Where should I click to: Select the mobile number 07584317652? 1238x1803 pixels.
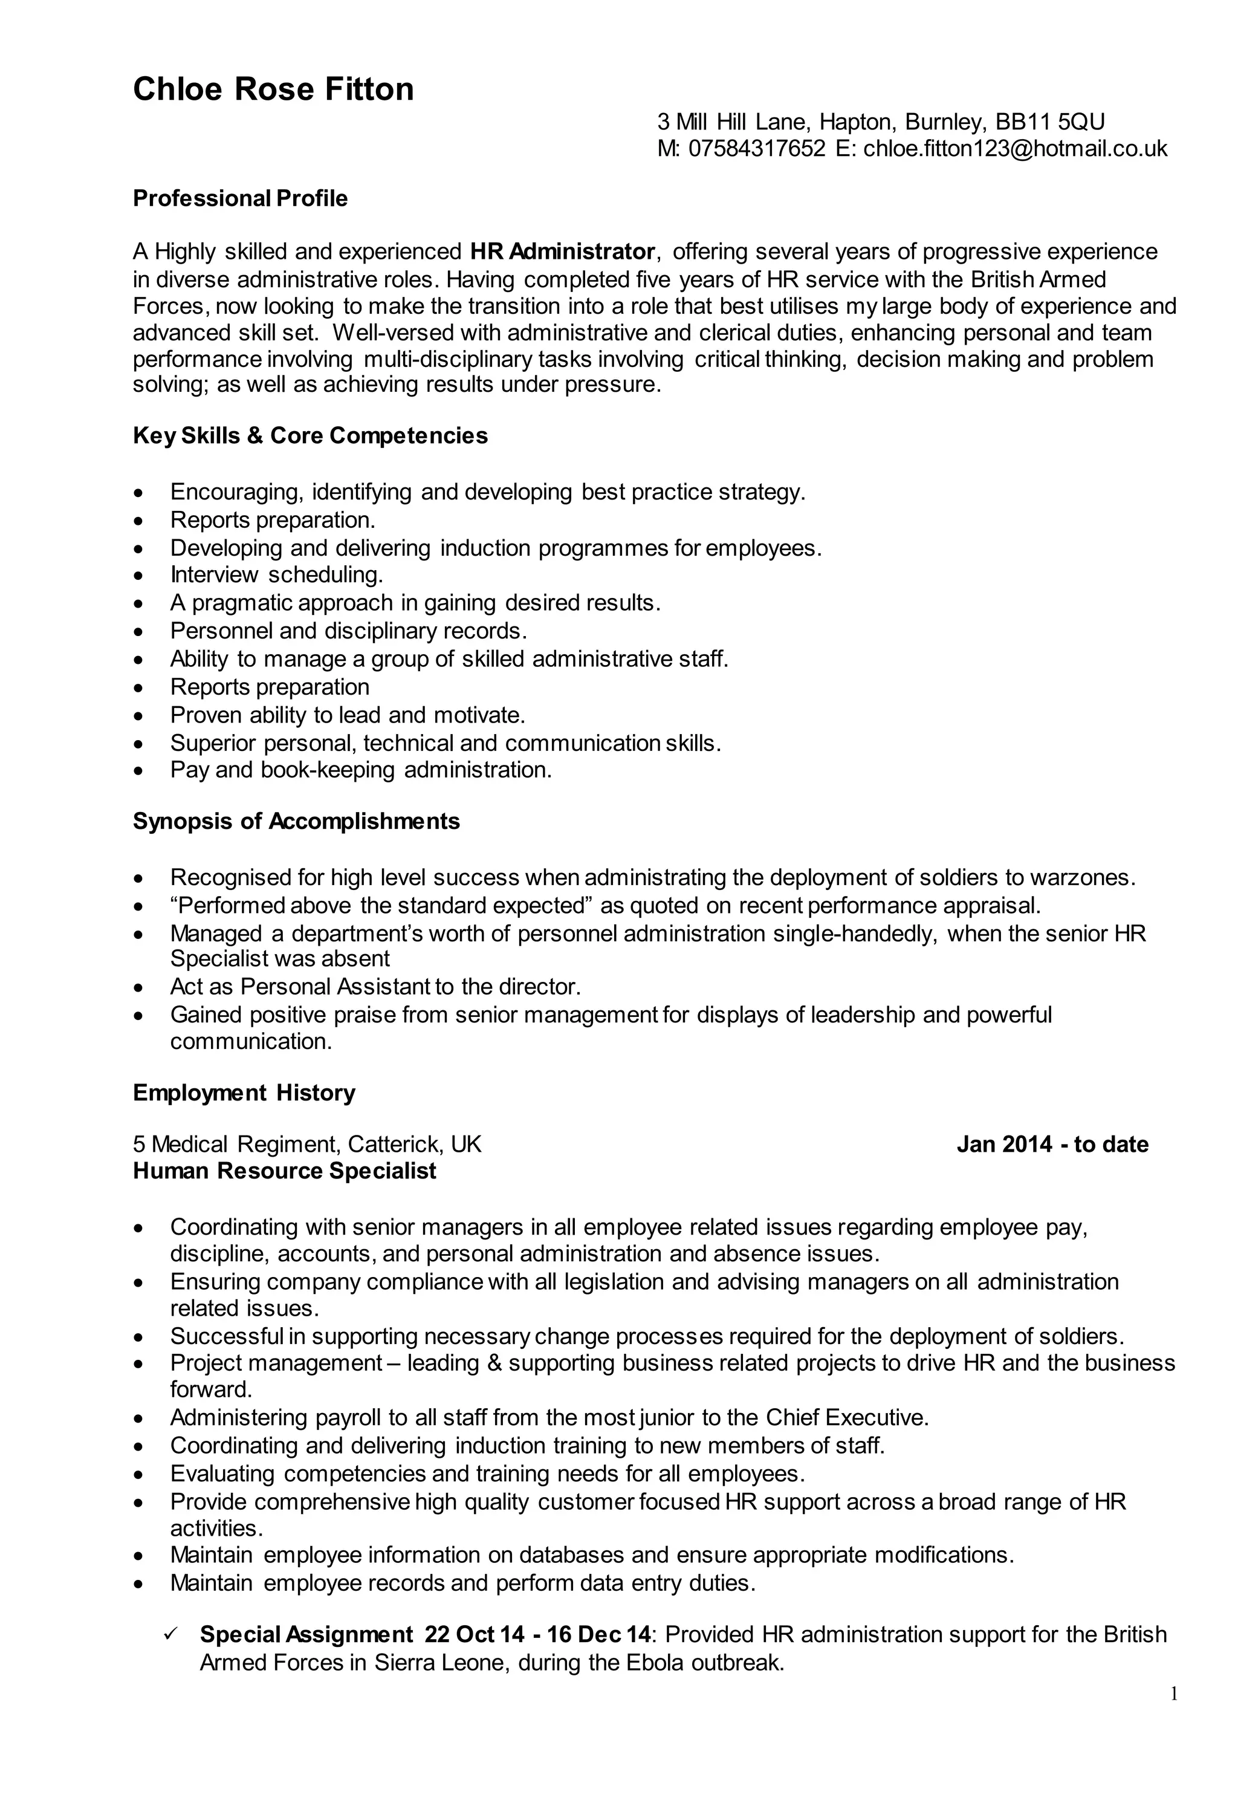756,148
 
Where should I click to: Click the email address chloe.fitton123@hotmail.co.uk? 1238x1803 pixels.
1014,148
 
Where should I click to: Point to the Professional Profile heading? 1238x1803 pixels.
241,198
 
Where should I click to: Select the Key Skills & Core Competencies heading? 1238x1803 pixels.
310,435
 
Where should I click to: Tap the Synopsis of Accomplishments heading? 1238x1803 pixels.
296,821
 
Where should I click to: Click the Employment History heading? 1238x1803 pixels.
244,1093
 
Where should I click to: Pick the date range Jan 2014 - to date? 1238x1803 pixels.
1052,1145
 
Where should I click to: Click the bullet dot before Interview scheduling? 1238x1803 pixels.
138,576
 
